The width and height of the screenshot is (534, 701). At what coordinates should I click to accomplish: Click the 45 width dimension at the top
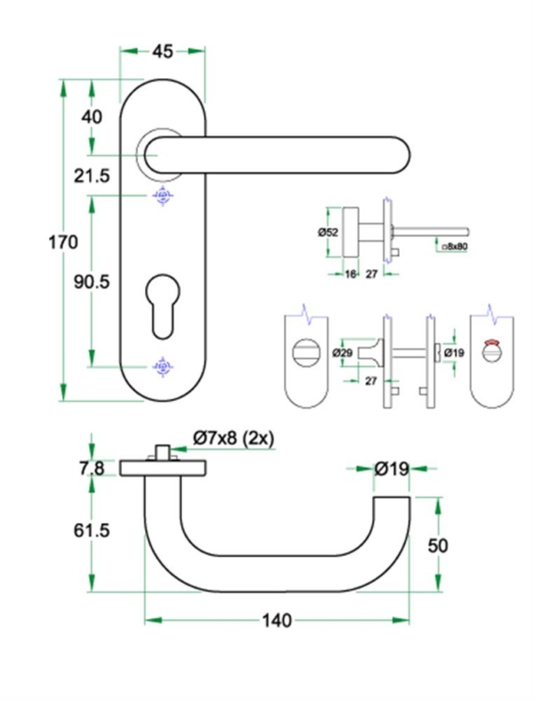[x=163, y=52]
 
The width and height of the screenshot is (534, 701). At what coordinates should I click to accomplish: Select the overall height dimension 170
[x=62, y=241]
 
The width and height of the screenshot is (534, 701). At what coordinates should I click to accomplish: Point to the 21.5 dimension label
[x=92, y=176]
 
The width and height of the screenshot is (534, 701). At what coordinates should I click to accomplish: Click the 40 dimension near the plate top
[x=92, y=117]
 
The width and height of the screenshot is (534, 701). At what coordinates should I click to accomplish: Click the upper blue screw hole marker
[x=162, y=196]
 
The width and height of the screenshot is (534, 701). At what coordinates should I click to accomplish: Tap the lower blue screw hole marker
[x=162, y=365]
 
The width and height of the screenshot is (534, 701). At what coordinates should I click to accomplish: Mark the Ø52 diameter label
[x=328, y=232]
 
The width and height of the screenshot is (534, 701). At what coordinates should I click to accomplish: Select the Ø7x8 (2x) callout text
[x=233, y=437]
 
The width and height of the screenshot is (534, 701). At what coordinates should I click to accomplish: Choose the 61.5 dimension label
[x=92, y=530]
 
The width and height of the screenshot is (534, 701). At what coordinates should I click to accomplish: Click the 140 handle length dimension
[x=277, y=620]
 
